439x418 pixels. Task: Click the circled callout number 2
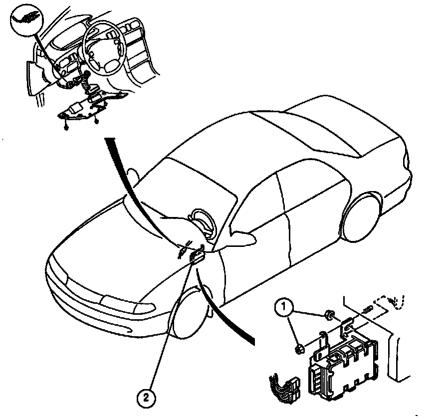coord(146,397)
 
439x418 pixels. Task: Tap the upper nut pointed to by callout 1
coord(330,315)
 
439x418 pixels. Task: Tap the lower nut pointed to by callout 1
coord(300,349)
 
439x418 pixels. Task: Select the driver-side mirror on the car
coord(242,239)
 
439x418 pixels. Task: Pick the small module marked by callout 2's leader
coord(196,256)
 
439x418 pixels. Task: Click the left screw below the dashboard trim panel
coord(66,128)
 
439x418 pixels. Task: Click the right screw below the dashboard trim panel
coord(96,122)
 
